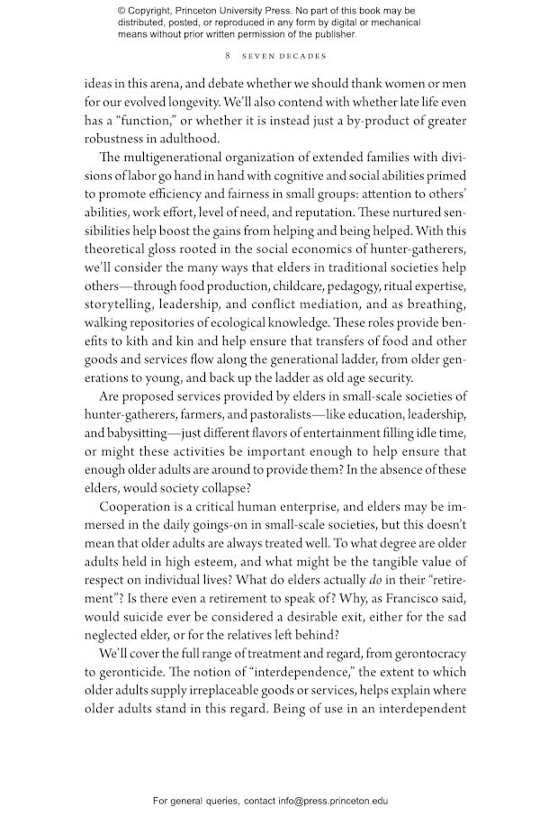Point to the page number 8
tap(229, 55)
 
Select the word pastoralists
tap(298, 414)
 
